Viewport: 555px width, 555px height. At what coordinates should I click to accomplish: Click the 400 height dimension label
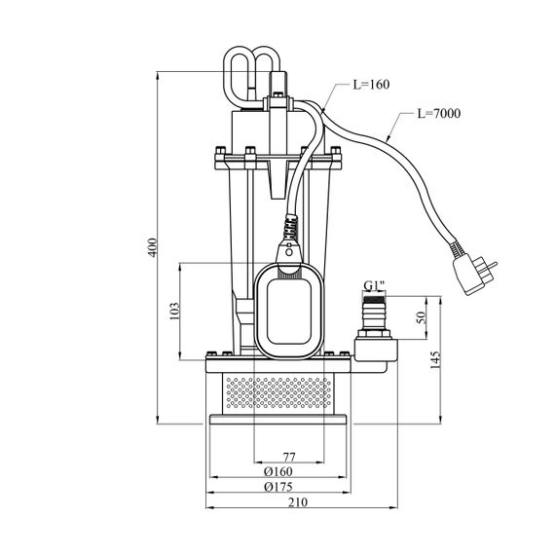pyautogui.click(x=152, y=247)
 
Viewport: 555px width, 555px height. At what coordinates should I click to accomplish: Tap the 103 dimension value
pyautogui.click(x=175, y=312)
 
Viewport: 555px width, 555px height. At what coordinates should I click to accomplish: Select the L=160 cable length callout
pyautogui.click(x=371, y=85)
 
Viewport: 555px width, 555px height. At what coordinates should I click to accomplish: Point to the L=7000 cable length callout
pyautogui.click(x=439, y=113)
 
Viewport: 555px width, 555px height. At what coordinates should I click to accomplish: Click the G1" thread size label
pyautogui.click(x=374, y=285)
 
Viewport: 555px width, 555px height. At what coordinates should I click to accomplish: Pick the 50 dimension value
pyautogui.click(x=422, y=317)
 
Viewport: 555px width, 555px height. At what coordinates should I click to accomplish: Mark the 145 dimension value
pyautogui.click(x=435, y=360)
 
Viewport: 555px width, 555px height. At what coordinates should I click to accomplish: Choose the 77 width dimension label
pyautogui.click(x=289, y=458)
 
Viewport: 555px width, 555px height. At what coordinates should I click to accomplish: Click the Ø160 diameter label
pyautogui.click(x=278, y=471)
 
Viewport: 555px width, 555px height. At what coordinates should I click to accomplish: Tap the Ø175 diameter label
pyautogui.click(x=278, y=487)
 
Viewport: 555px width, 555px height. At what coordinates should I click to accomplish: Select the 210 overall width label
pyautogui.click(x=298, y=501)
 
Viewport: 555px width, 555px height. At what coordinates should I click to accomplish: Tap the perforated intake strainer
pyautogui.click(x=278, y=393)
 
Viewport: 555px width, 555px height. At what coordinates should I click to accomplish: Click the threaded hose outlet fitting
pyautogui.click(x=374, y=312)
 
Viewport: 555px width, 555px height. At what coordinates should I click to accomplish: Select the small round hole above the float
pyautogui.click(x=289, y=252)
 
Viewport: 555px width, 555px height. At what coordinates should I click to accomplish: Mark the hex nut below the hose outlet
pyautogui.click(x=374, y=333)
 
